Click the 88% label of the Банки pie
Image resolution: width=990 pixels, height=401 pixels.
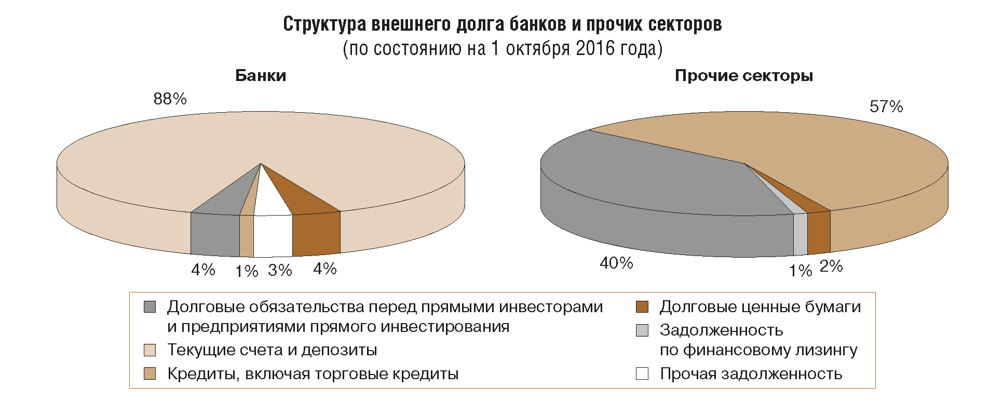pos(170,99)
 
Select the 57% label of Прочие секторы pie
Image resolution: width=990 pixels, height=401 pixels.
pos(886,107)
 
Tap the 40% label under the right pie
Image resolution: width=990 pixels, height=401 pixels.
pos(616,263)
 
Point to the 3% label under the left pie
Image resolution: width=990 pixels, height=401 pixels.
pos(280,270)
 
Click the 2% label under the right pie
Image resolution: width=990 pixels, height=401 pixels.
pos(831,266)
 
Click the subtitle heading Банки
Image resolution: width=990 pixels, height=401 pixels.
pos(261,76)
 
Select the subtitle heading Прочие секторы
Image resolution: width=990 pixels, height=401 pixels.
pos(743,76)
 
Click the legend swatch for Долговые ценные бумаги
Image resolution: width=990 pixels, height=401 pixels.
pos(642,307)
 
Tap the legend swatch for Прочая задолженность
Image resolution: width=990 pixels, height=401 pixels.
pos(642,373)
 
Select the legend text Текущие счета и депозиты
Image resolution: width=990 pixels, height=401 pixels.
pos(272,350)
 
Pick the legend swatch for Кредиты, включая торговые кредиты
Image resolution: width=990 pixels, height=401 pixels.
pos(150,373)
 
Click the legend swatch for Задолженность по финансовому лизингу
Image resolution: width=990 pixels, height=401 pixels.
pos(642,330)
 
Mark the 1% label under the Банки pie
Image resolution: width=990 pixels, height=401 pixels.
pos(247,271)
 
